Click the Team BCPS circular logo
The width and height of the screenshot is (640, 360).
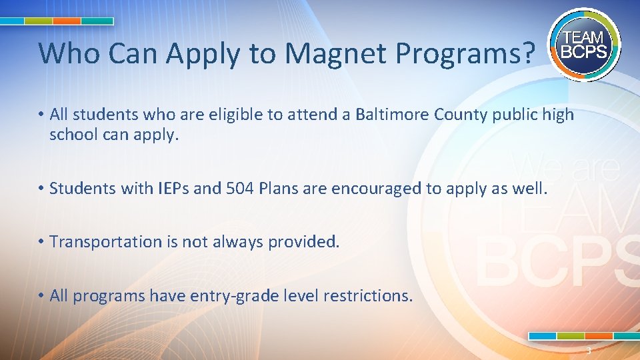click(585, 44)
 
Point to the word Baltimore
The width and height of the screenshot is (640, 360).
click(392, 115)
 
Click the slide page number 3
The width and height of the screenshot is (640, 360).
click(589, 351)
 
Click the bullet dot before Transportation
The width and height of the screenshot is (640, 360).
click(41, 241)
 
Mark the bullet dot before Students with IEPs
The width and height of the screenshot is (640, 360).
click(41, 189)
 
